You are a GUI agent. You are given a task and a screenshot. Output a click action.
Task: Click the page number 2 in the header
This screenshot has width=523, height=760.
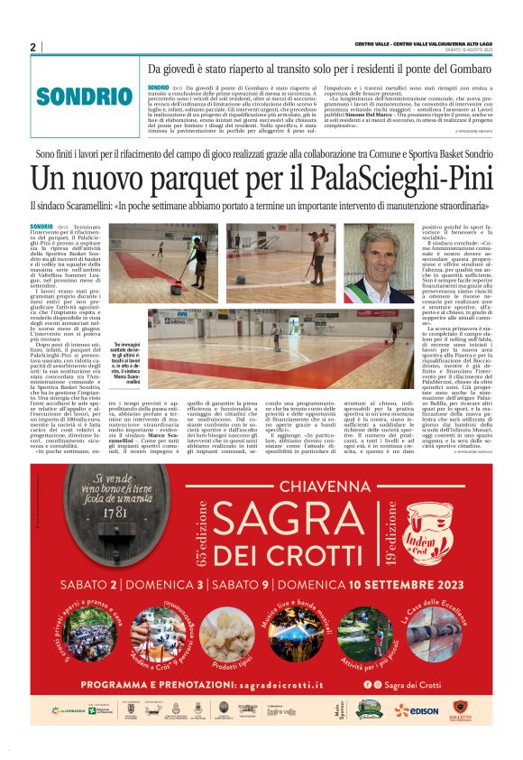click(33, 47)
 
